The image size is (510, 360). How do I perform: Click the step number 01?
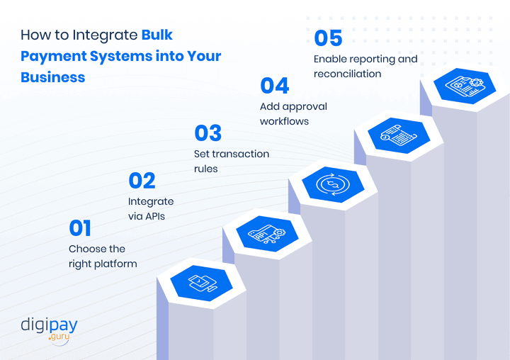[80, 228]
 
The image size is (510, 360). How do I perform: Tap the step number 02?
[142, 181]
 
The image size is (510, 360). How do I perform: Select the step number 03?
[208, 133]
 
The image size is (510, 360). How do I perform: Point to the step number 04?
[274, 86]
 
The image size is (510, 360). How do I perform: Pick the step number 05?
[328, 38]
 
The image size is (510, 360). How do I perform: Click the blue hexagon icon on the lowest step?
[201, 284]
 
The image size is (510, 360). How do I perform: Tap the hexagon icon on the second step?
[267, 233]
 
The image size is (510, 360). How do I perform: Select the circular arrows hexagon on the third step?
[332, 184]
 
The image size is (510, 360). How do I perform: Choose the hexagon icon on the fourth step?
[398, 134]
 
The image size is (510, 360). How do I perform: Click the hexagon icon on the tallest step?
[464, 86]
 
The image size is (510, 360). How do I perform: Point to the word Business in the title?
[53, 77]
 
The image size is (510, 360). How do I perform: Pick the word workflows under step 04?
[284, 121]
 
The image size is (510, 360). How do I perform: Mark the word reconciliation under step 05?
[347, 74]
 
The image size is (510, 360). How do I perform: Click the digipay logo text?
[49, 327]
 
